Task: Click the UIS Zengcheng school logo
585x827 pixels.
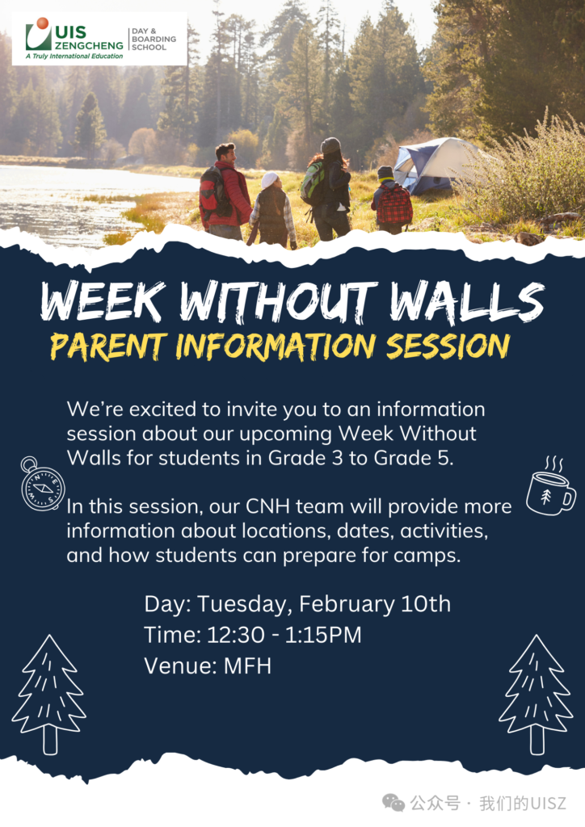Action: click(99, 39)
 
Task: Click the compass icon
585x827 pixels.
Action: click(42, 485)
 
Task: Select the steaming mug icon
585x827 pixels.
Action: click(551, 486)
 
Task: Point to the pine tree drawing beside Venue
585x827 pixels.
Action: click(49, 694)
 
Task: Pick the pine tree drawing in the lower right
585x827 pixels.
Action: click(536, 694)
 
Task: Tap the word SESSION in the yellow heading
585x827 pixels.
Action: click(448, 346)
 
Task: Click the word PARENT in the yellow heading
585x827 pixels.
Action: click(108, 346)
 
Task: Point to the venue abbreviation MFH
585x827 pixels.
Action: click(247, 665)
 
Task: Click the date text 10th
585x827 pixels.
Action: click(426, 604)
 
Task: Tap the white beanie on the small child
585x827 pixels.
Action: click(270, 179)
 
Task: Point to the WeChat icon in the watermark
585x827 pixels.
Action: click(394, 804)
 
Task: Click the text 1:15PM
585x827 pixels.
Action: click(323, 635)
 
